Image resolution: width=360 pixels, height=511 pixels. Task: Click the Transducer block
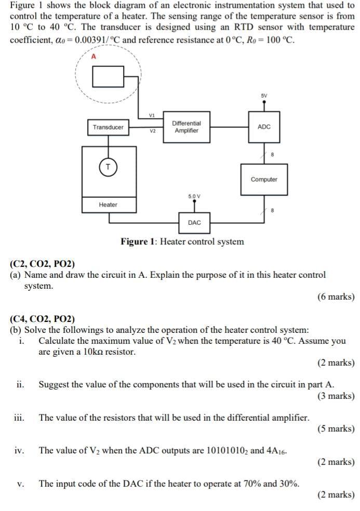pyautogui.click(x=108, y=127)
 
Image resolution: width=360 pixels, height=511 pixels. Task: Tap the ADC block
pyautogui.click(x=264, y=127)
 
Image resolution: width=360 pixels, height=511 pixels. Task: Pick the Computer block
pyautogui.click(x=264, y=180)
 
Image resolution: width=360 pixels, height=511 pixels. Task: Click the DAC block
pyautogui.click(x=194, y=222)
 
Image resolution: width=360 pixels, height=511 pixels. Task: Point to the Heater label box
pyautogui.click(x=108, y=205)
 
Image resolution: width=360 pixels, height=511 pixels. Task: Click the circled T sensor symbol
pyautogui.click(x=108, y=167)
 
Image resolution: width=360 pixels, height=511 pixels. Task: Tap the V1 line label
pyautogui.click(x=152, y=115)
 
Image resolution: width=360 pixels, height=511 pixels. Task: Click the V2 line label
pyautogui.click(x=152, y=131)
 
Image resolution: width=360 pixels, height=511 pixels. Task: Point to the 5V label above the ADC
pyautogui.click(x=264, y=96)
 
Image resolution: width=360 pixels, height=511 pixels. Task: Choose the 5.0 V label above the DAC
pyautogui.click(x=194, y=196)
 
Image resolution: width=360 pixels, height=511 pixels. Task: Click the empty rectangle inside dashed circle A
pyautogui.click(x=108, y=78)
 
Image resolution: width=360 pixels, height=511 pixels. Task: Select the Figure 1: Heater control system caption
pyautogui.click(x=182, y=241)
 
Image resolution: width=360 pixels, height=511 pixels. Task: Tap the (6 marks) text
pyautogui.click(x=336, y=297)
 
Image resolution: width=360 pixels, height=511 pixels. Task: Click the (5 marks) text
pyautogui.click(x=336, y=429)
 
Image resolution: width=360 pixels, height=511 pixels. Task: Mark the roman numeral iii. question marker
pyautogui.click(x=20, y=418)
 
